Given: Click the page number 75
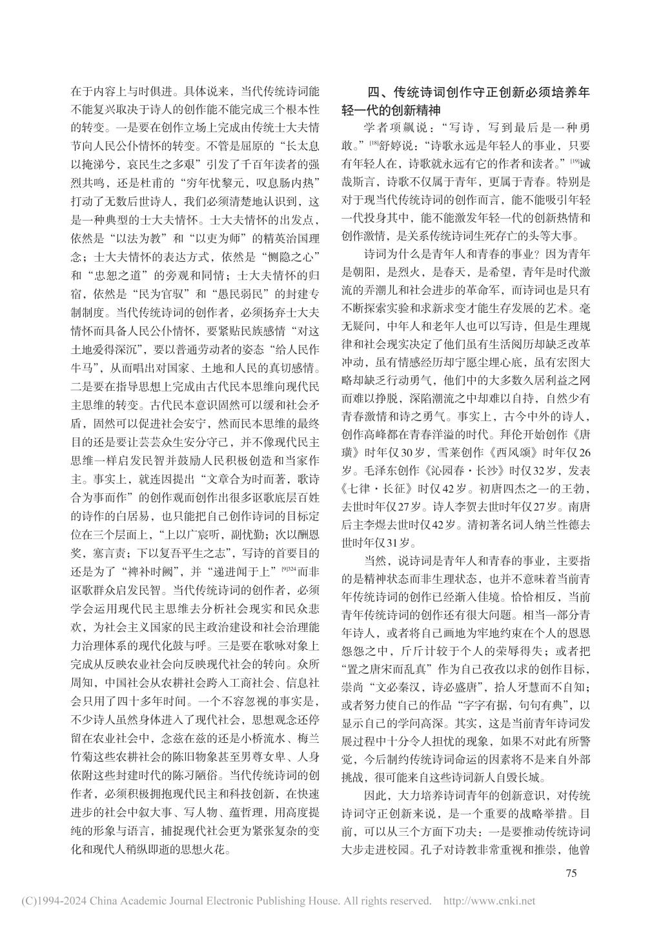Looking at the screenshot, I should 571,873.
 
